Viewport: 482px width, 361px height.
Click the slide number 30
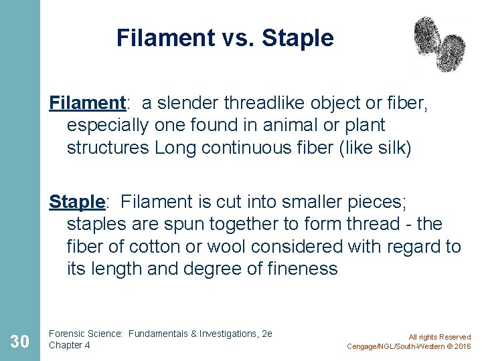coord(19,342)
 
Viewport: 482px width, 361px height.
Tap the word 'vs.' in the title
coord(238,38)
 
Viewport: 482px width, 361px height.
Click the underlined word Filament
coord(88,103)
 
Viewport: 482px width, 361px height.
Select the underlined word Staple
coord(77,201)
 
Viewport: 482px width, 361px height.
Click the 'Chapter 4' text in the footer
coord(70,345)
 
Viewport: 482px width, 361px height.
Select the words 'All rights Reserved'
coord(440,337)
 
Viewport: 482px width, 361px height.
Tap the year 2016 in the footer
coord(461,346)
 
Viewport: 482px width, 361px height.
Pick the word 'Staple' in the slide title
coord(297,38)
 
